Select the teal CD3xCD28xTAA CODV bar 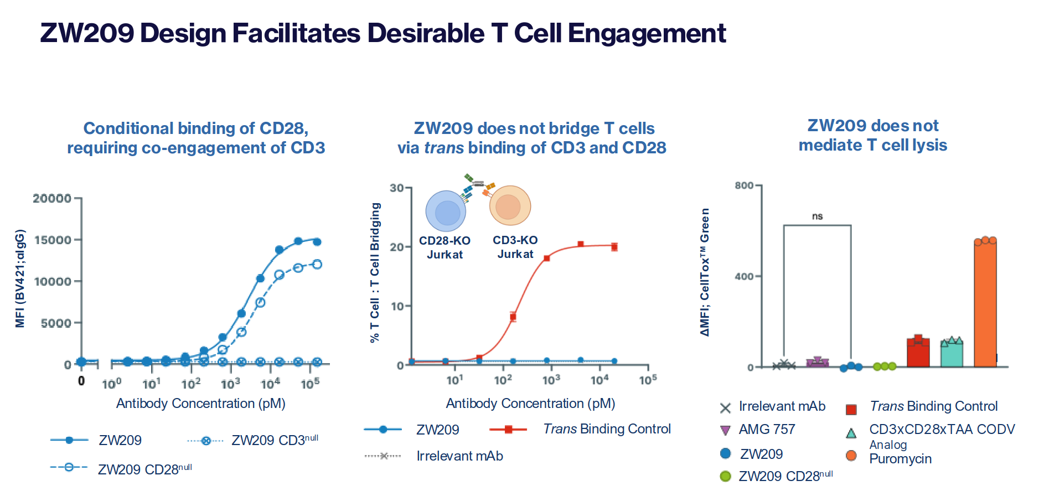tap(952, 354)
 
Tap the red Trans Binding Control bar tap(918, 353)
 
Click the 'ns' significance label tap(817, 216)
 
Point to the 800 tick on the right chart tap(744, 185)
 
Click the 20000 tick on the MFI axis tap(52, 198)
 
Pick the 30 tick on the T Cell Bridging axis tap(396, 188)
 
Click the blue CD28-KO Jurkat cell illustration tap(446, 211)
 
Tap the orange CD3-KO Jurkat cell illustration tap(510, 205)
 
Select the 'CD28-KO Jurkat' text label tap(445, 247)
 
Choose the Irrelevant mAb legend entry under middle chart tap(459, 456)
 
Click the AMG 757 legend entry tap(767, 430)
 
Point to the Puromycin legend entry tap(900, 459)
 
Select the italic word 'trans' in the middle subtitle tap(444, 148)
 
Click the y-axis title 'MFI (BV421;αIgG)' tap(20, 278)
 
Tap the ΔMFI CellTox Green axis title tap(704, 272)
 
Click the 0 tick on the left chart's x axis tap(81, 381)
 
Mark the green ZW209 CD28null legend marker tap(726, 476)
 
